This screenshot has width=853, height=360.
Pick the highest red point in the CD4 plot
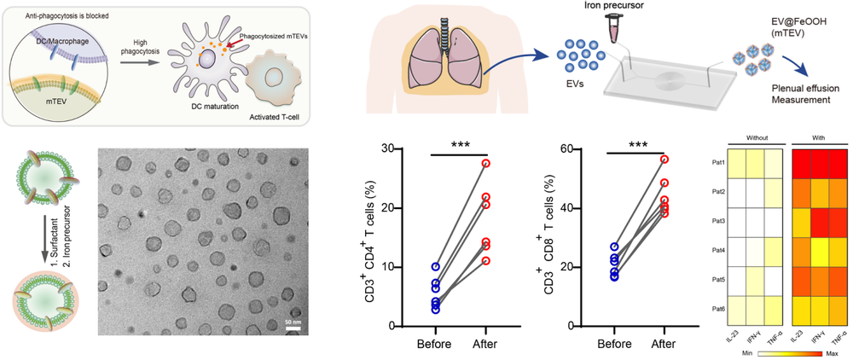[x=486, y=163]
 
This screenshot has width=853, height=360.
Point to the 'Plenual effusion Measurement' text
[x=794, y=95]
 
